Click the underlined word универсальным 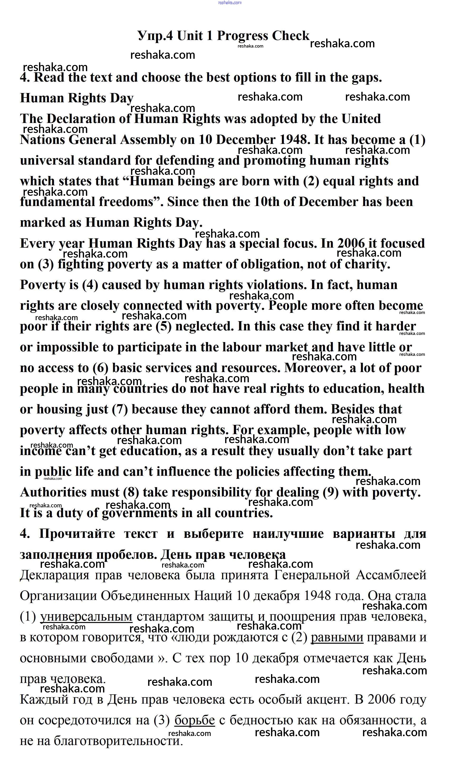pos(86,617)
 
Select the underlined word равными pos(337,638)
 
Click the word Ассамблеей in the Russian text pos(391,575)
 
